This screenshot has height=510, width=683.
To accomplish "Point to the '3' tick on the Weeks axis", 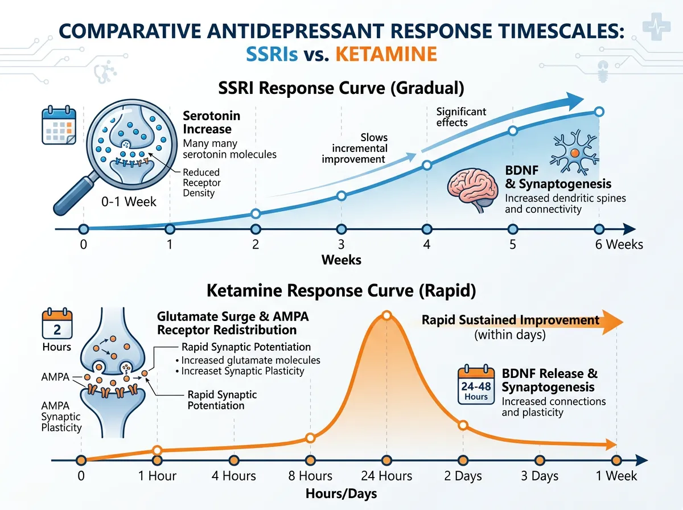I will (341, 245).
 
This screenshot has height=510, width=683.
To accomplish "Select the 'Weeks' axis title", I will (341, 260).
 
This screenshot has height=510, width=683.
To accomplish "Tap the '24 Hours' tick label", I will (386, 476).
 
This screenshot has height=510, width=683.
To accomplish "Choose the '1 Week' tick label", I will (616, 476).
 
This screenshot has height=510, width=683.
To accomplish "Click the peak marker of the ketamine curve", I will (386, 315).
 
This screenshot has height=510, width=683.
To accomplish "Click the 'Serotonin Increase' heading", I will (211, 122).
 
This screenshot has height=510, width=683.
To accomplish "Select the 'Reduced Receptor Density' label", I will (201, 182).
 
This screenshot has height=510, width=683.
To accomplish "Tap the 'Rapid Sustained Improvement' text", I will (510, 320).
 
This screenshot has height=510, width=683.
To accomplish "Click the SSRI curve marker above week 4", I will (427, 166).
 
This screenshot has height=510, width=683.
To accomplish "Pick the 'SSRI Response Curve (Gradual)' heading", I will (341, 89).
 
